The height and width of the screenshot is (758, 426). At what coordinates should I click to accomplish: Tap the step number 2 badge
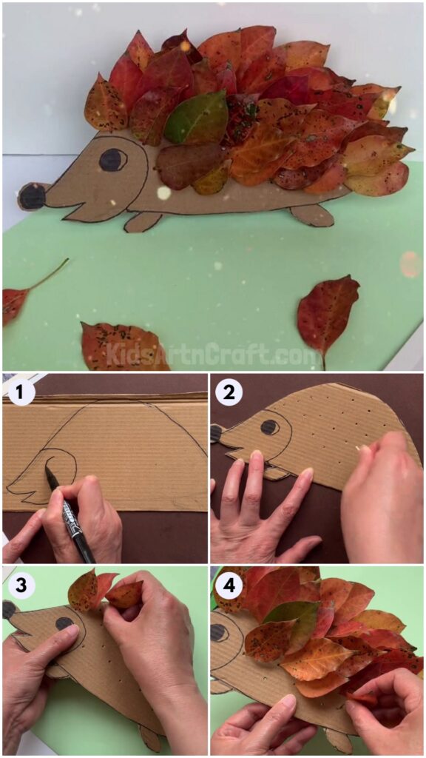[229, 393]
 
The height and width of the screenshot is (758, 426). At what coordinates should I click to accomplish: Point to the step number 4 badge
[229, 584]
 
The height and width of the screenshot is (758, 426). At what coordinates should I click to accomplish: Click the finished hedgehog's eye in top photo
[112, 159]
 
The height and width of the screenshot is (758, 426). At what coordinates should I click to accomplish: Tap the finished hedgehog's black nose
[32, 197]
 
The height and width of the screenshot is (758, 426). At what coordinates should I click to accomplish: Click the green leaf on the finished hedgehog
[196, 118]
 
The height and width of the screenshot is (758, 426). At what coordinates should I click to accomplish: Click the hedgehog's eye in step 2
[270, 427]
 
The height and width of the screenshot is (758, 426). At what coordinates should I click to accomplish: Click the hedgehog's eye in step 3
[65, 623]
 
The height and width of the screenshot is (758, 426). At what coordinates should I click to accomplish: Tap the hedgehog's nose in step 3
[10, 609]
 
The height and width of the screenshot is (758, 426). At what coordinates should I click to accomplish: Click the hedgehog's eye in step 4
[220, 633]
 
